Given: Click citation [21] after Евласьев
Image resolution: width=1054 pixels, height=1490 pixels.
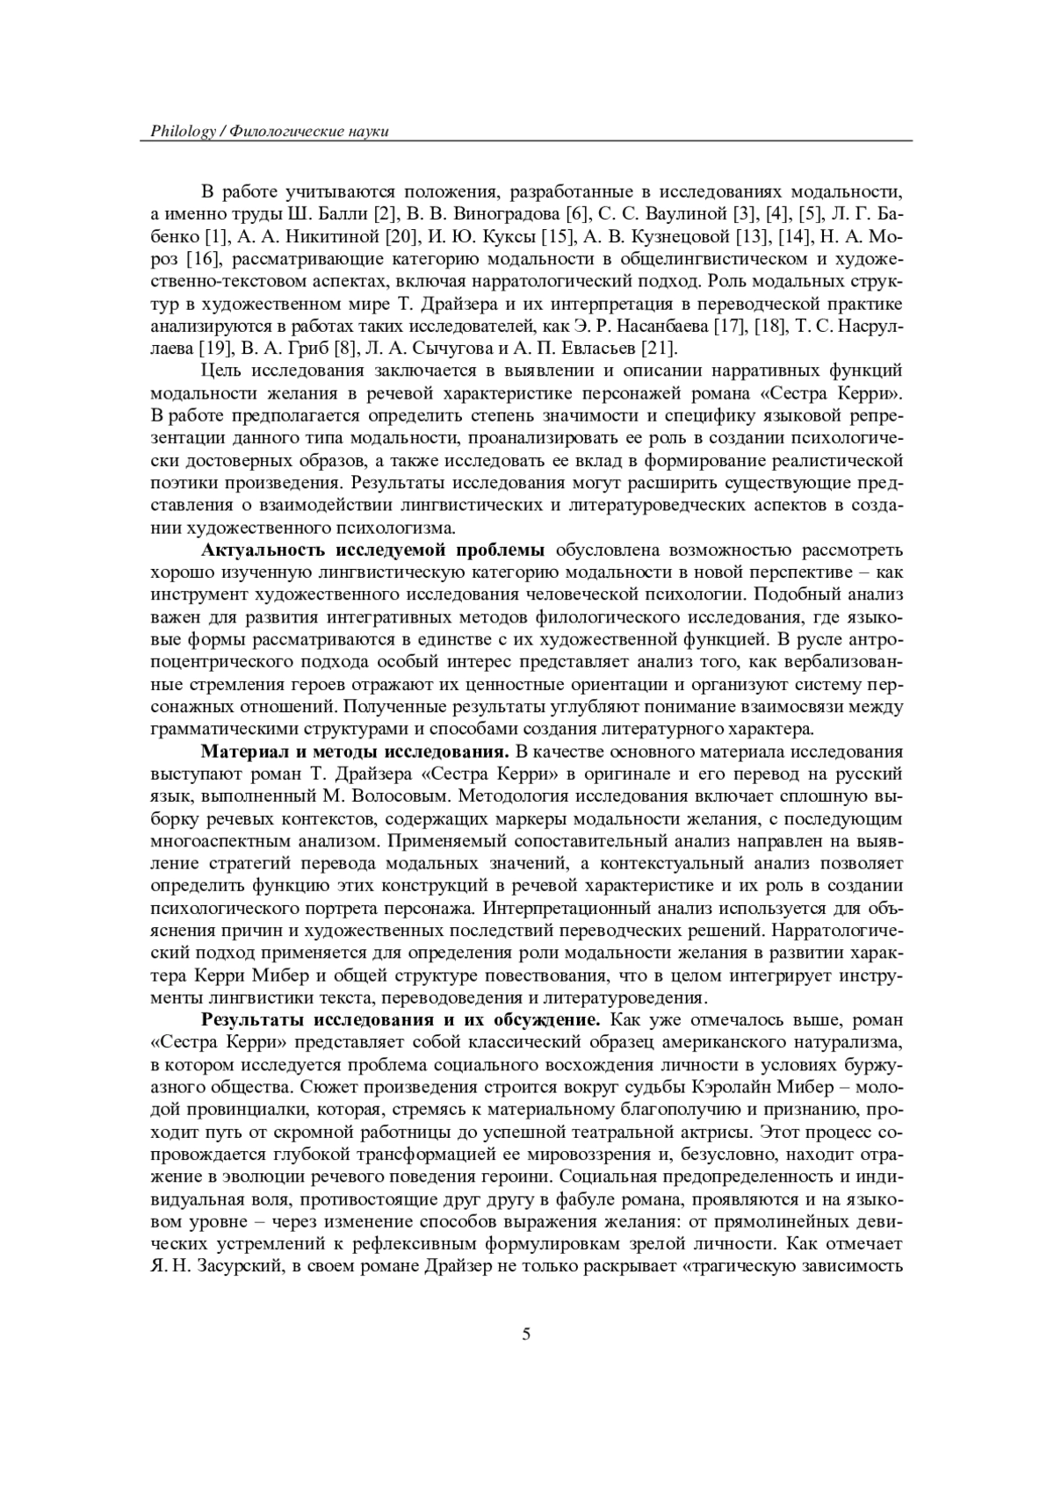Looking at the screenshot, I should tap(659, 347).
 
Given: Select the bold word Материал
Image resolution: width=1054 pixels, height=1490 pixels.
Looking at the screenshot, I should tap(241, 752).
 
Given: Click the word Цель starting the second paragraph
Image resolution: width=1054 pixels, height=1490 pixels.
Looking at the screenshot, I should tap(220, 370).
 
